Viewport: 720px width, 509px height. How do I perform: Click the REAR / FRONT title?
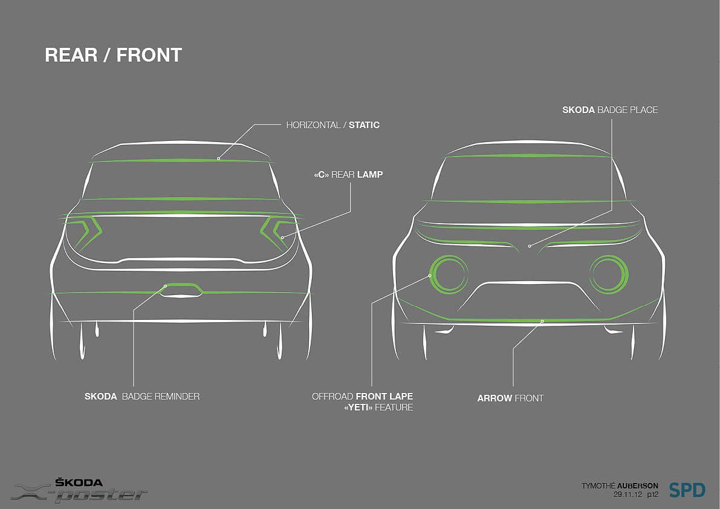coord(113,55)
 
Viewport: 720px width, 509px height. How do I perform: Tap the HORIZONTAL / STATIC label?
coord(332,125)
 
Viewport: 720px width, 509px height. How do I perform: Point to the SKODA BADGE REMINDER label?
coord(142,397)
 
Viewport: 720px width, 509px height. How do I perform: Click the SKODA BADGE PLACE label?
coord(610,110)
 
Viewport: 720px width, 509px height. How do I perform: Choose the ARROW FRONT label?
coord(510,398)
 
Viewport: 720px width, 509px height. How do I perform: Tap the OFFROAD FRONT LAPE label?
coord(362,397)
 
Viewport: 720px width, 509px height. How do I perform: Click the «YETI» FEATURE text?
coord(378,407)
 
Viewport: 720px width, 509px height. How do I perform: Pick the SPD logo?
coord(687,489)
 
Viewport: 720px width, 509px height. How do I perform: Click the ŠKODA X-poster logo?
coord(80,490)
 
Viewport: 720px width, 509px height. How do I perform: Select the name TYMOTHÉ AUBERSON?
coord(620,485)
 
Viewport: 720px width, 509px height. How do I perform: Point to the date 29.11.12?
coord(627,494)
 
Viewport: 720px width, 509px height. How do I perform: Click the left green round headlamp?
coord(448,275)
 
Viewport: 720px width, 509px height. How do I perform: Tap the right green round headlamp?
coord(611,273)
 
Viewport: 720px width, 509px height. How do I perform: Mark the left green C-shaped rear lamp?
coord(87,233)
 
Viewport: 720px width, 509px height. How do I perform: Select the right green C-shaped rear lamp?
coord(275,233)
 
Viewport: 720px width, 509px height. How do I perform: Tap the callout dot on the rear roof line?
coord(218,158)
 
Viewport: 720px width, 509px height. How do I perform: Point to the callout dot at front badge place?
coord(529,246)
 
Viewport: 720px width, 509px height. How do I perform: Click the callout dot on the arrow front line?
coord(543,321)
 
